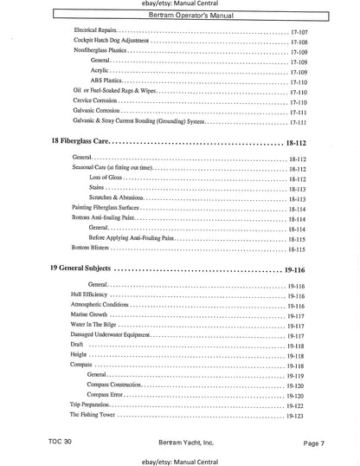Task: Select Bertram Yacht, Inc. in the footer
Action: (180, 440)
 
